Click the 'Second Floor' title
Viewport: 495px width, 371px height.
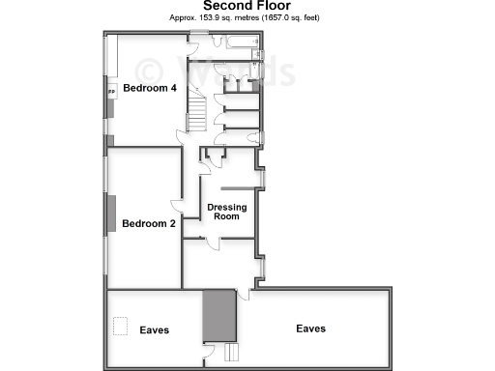pos(247,6)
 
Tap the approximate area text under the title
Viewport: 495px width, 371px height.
pos(247,18)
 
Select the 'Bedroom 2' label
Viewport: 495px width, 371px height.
pos(148,224)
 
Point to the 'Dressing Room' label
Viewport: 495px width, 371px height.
pos(226,212)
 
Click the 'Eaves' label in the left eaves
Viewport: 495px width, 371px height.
pos(155,330)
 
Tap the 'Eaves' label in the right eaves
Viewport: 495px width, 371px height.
pos(311,328)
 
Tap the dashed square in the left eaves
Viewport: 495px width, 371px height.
pos(121,327)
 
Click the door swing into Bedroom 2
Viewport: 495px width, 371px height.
pos(177,203)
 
